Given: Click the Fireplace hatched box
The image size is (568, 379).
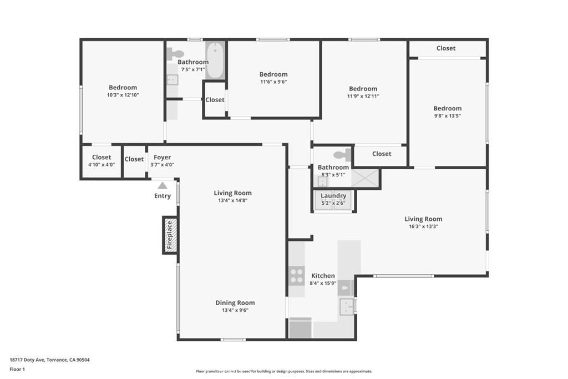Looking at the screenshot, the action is pos(170,235).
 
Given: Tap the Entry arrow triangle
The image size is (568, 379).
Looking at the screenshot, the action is pos(163,185).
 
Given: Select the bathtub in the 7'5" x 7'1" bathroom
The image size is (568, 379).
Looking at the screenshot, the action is pos(215,60).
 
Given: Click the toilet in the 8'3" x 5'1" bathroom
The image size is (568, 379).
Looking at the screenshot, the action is pos(342,155).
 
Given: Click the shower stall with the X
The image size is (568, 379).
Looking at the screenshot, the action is pos(365,178).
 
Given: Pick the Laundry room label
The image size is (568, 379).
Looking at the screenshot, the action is pos(333,196).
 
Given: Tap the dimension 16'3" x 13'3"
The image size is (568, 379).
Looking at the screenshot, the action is pos(423,226).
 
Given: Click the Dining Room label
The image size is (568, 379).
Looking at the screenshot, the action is pos(235,302).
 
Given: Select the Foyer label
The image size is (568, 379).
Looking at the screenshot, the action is pos(163,157).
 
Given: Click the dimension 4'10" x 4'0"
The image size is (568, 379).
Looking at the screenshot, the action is pos(102,164).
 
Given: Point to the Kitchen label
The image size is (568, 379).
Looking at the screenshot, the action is pos(323,276).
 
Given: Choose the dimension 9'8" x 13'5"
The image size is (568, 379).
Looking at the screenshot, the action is pos(448,116).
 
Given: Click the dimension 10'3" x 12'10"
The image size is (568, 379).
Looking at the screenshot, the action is pos(123,95).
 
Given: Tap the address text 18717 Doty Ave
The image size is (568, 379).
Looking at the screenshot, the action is pos(27,360).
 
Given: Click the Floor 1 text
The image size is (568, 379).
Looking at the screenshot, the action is pos(17,369).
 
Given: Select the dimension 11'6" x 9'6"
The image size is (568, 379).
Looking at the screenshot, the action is pos(273,82).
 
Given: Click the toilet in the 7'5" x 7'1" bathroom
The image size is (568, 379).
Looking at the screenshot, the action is pos(176,54).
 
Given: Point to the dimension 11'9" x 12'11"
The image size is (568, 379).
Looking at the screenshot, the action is pos(363,96).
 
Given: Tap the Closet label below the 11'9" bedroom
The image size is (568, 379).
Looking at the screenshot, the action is pos(382,154).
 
